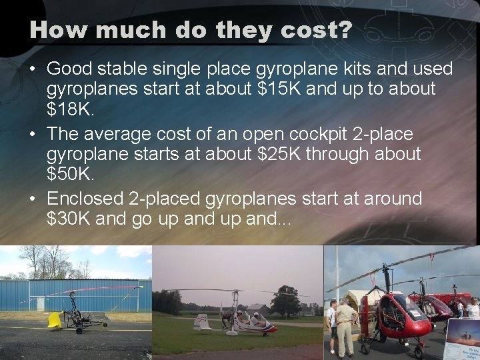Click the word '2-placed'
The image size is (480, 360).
point(170,199)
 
